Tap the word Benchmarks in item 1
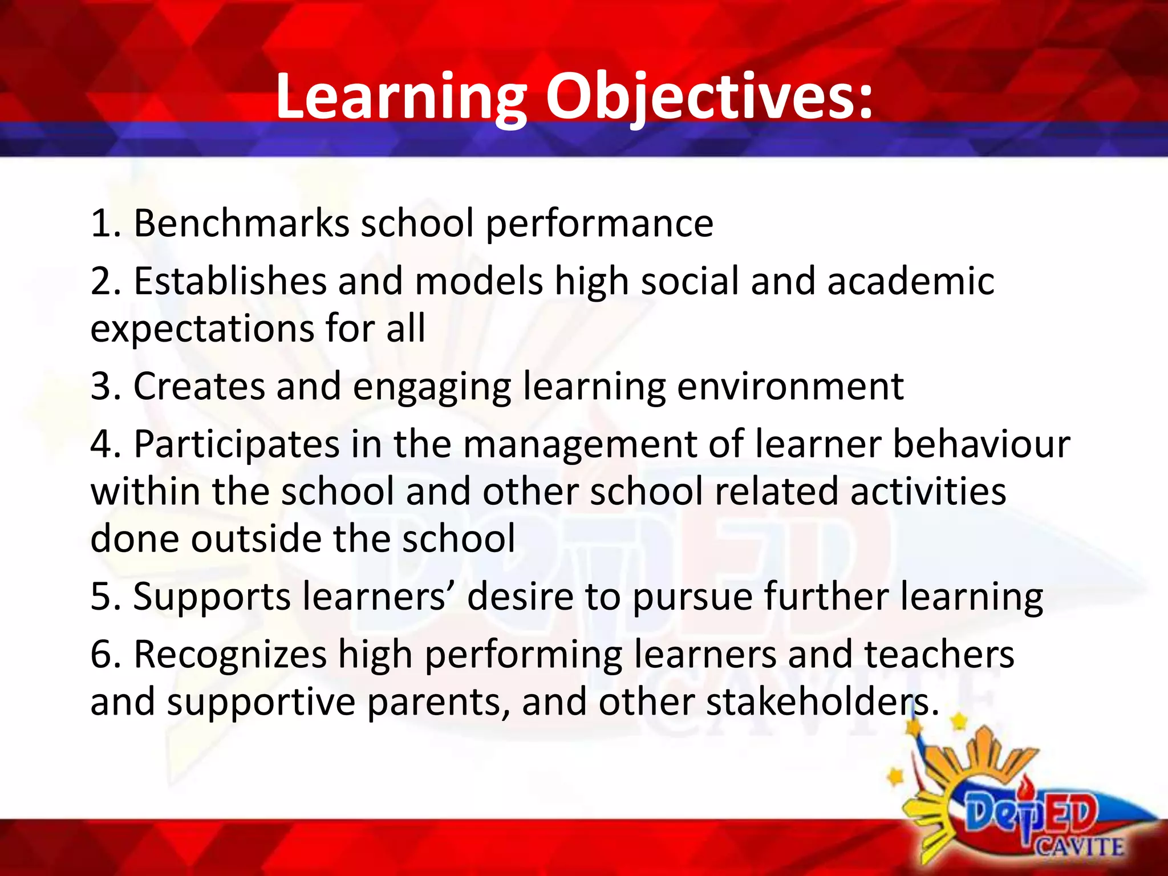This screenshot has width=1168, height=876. pos(241,223)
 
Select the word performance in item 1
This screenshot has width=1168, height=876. pos(599,224)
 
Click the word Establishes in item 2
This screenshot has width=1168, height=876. pos(230,281)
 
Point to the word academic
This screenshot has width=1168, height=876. pos(911,281)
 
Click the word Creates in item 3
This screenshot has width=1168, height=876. pos(199,387)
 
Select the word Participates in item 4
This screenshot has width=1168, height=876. pos(237,444)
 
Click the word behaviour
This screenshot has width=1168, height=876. pos(981,444)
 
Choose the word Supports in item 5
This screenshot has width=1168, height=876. pos(212,597)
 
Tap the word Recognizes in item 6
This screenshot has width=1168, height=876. pos(230,654)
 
